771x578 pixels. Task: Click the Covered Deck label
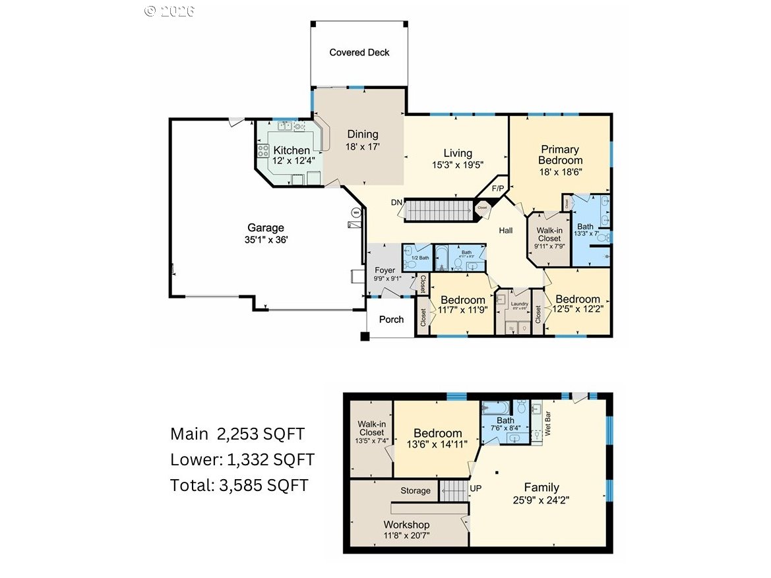tap(359, 53)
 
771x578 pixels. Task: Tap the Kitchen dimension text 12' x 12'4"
tap(291, 160)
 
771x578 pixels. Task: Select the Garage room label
tap(266, 227)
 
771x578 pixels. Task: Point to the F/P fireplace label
tap(498, 189)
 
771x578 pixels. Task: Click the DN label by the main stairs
tap(396, 202)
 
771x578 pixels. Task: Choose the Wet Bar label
tap(546, 424)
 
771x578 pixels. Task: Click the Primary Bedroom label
tap(560, 155)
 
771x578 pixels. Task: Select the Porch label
tap(391, 320)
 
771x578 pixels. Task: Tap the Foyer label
tap(385, 270)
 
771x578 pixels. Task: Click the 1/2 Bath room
tap(417, 258)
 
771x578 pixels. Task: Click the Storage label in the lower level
tap(416, 490)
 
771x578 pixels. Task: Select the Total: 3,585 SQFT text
tap(239, 485)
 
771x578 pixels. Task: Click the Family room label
tap(541, 488)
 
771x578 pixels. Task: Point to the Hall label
tap(506, 231)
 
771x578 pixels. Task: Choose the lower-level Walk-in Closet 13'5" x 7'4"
tap(371, 432)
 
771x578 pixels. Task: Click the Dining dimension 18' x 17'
tap(363, 147)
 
